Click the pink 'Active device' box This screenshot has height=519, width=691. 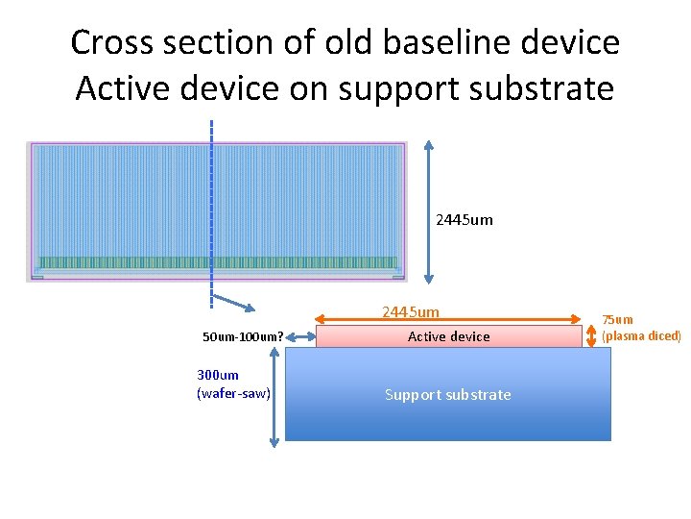click(448, 336)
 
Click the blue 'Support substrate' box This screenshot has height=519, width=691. click(448, 394)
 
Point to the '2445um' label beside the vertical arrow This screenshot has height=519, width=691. click(465, 219)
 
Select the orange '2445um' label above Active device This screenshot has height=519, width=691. click(411, 312)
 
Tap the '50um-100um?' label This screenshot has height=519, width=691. click(243, 336)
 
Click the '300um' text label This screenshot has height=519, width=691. click(218, 376)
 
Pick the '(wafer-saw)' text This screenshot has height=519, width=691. click(233, 392)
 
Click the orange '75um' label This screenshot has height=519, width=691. click(617, 320)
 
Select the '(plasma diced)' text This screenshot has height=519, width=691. click(641, 335)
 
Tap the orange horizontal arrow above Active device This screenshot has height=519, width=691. click(448, 320)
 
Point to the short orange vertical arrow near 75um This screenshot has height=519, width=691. click(590, 336)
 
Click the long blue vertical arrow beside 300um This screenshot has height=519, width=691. click(274, 396)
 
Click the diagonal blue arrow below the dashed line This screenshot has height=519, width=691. click(233, 302)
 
